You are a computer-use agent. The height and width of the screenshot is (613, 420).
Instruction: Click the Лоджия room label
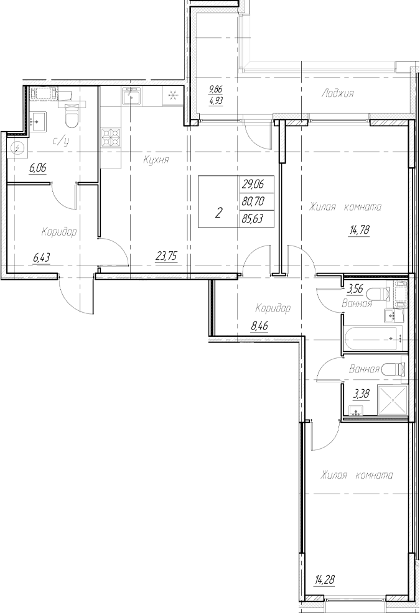(338, 94)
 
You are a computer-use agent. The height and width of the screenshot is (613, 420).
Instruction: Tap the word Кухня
(156, 160)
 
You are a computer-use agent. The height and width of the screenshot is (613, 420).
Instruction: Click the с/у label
(60, 141)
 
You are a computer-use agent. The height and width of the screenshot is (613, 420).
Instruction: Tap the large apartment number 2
(218, 213)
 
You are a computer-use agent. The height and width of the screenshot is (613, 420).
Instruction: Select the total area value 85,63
(252, 219)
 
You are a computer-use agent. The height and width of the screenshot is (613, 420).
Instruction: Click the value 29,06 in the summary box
(252, 185)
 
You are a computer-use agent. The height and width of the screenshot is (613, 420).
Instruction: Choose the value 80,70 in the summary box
(252, 201)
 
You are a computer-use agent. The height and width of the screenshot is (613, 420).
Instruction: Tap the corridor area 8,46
(259, 325)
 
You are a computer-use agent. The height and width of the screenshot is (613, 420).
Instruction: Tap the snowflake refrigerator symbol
(172, 96)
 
